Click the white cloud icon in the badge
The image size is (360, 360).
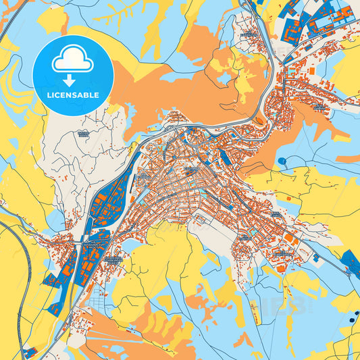point(73,61)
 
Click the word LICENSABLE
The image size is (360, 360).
point(73,95)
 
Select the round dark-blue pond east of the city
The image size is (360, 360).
point(281,161)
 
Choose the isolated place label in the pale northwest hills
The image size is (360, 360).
point(84,134)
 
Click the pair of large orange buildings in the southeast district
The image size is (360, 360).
point(290,239)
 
